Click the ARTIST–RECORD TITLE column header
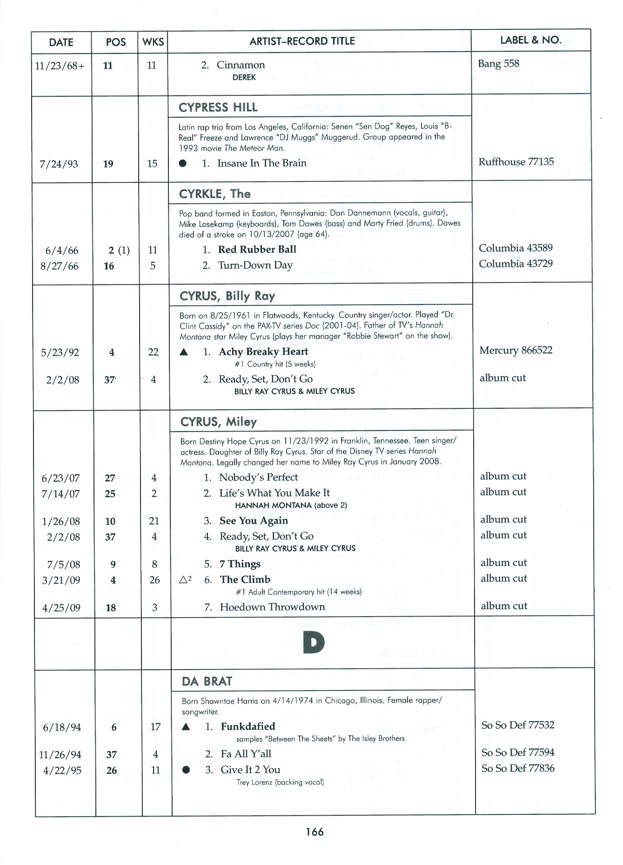click(x=302, y=41)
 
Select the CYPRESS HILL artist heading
click(x=218, y=107)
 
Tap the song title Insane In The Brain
click(x=261, y=163)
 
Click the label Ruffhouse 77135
click(x=516, y=162)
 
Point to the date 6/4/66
click(x=61, y=251)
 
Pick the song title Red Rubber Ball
click(x=257, y=249)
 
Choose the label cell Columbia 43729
click(x=516, y=264)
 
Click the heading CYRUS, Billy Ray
click(x=227, y=296)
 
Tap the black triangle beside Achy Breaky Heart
click(x=184, y=353)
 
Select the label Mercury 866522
click(x=516, y=350)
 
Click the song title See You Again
click(x=254, y=520)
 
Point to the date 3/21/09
click(x=61, y=580)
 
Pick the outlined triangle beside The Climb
click(x=184, y=580)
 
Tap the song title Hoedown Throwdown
click(x=272, y=607)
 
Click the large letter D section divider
click(x=313, y=643)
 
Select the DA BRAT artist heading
click(x=207, y=681)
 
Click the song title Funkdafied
click(x=248, y=726)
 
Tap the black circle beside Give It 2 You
click(x=186, y=770)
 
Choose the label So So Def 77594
click(x=518, y=752)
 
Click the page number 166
click(x=315, y=832)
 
